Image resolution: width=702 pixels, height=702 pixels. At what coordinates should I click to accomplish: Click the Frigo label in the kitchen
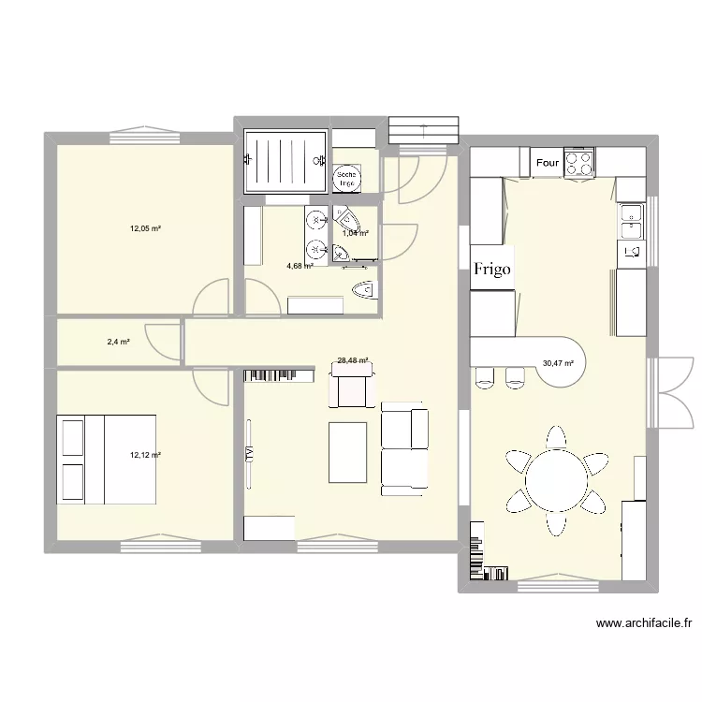tap(492, 270)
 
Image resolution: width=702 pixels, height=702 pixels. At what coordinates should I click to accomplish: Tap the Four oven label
tap(548, 163)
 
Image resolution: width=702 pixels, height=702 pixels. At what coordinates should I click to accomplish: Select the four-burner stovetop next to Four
tap(579, 163)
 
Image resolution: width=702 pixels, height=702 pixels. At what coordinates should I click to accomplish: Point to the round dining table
tap(557, 481)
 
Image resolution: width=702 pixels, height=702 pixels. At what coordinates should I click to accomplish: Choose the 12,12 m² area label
tap(146, 455)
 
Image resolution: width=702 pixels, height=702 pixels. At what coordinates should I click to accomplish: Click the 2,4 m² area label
tap(118, 342)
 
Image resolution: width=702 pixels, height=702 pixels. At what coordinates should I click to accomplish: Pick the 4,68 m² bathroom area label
tap(300, 266)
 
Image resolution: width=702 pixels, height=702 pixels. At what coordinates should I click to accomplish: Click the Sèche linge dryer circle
tap(346, 178)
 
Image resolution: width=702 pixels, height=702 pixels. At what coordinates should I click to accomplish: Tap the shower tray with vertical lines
tap(285, 160)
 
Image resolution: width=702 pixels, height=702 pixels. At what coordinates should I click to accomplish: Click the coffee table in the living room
tap(347, 452)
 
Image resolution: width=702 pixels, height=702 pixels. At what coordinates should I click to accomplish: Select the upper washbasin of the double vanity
tap(314, 219)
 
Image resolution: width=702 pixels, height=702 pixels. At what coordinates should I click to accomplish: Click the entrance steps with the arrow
tap(424, 130)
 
